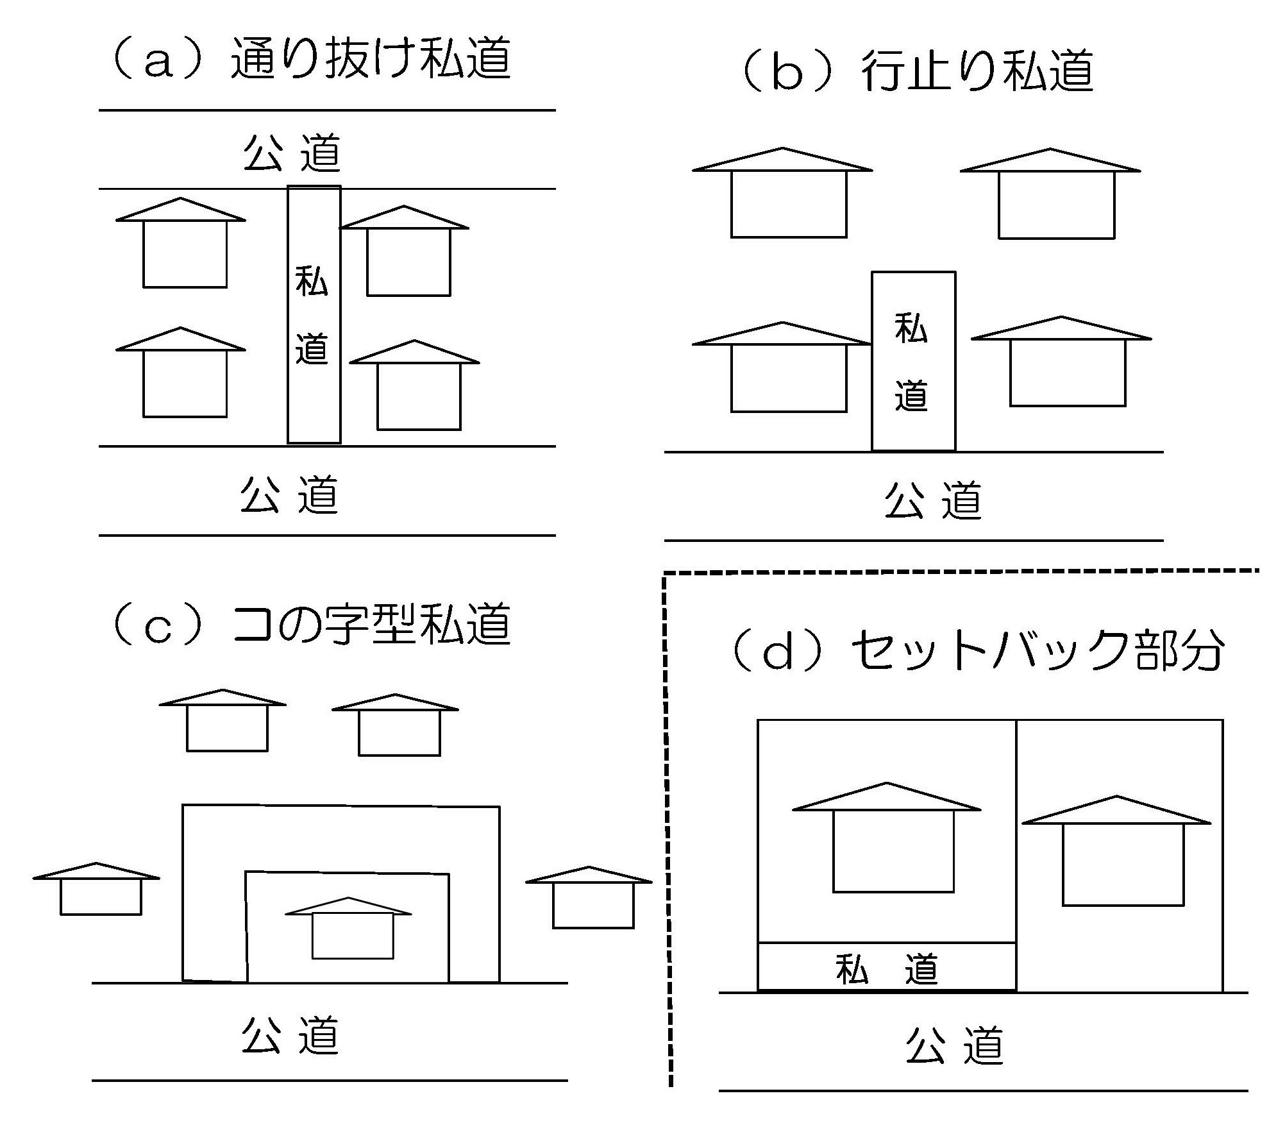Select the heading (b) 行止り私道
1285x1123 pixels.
[917, 72]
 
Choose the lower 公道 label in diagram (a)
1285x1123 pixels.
[290, 494]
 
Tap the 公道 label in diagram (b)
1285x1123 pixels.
[934, 500]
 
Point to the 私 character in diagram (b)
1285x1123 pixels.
[911, 329]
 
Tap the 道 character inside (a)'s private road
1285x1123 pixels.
[312, 348]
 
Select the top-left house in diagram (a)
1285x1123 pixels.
[182, 245]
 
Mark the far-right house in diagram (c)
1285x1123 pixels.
[591, 898]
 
